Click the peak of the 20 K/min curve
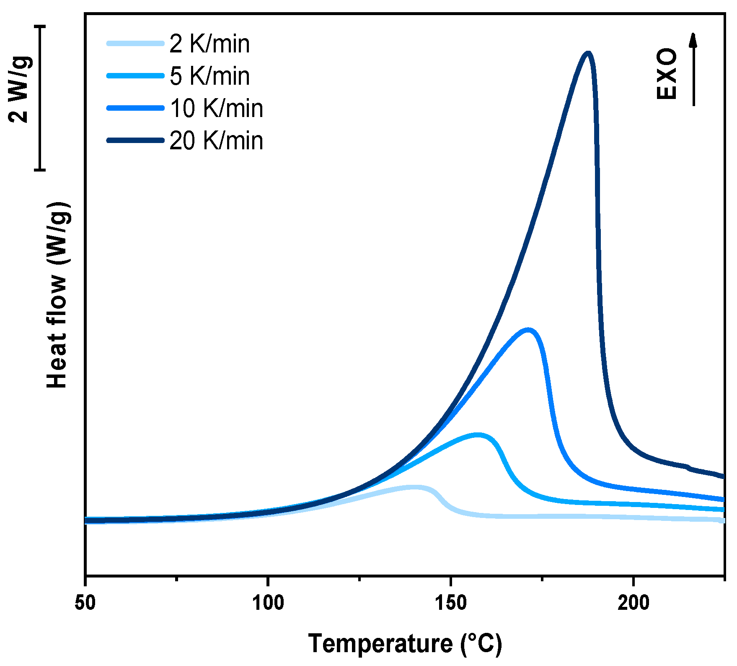pos(588,54)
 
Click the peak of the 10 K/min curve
pos(529,330)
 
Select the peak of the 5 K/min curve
pos(478,435)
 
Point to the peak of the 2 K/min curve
pos(415,487)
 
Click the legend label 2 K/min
pos(209,44)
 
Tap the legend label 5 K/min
pos(209,76)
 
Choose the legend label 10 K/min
pos(216,108)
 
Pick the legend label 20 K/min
pos(216,140)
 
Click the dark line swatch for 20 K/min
pos(135,140)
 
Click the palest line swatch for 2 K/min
pos(135,43)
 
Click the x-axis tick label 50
pos(85,603)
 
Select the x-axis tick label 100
pos(268,603)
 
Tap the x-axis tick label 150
pos(450,603)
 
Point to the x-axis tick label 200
pos(633,603)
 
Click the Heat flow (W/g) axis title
pos(57,295)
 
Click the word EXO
pos(667,74)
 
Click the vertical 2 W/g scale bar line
pos(40,98)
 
